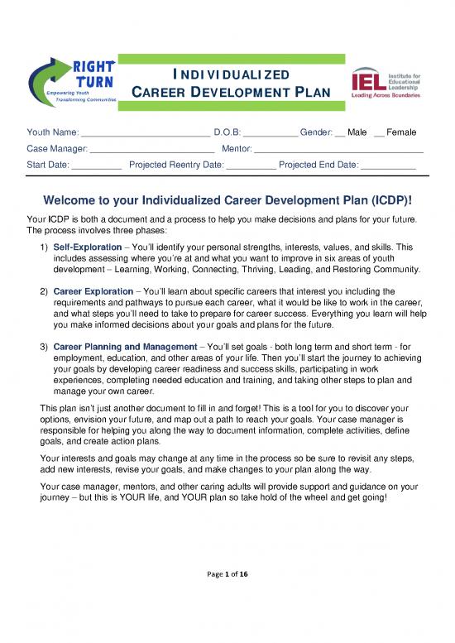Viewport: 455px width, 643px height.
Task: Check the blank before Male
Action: tap(340, 133)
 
